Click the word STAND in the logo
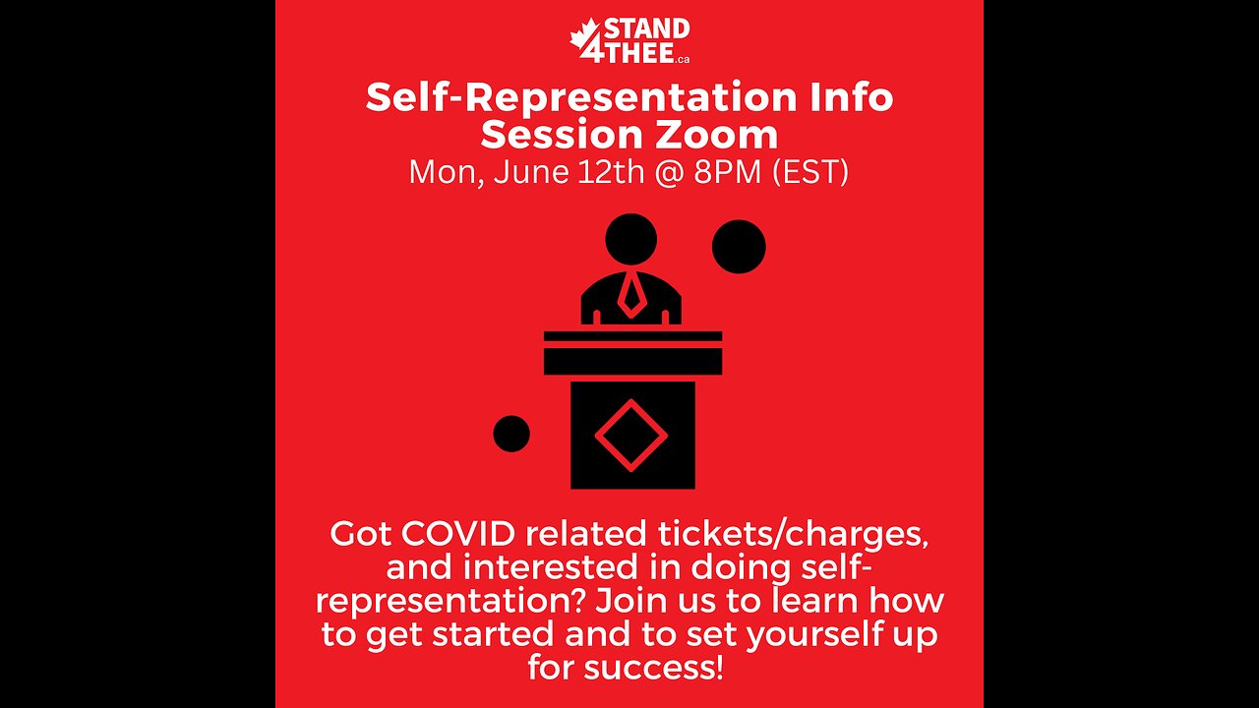click(x=646, y=29)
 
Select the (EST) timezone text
click(x=810, y=172)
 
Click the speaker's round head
click(x=630, y=239)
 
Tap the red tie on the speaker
click(x=630, y=294)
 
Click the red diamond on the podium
click(x=630, y=435)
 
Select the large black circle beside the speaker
click(x=739, y=247)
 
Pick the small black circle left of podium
click(x=511, y=434)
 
